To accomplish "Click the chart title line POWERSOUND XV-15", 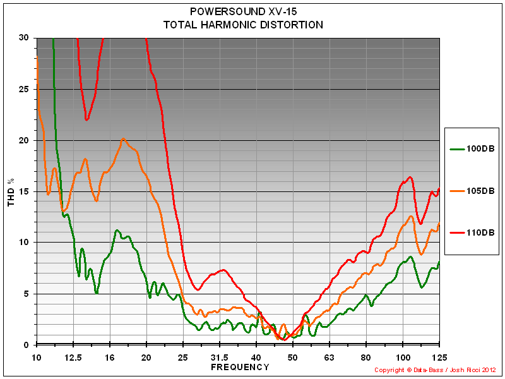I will pyautogui.click(x=243, y=12).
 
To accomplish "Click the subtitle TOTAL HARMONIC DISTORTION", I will pyautogui.click(x=243, y=25).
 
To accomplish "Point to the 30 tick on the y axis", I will pyautogui.click(x=23, y=38).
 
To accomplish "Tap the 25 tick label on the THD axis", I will pyautogui.click(x=23, y=89).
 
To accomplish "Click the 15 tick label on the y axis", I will pyautogui.click(x=23, y=191).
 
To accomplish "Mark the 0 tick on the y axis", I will pyautogui.click(x=26, y=345).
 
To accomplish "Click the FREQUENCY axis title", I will pyautogui.click(x=240, y=367).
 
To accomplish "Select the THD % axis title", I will pyautogui.click(x=11, y=191).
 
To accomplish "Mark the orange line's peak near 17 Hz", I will pyautogui.click(x=123, y=138).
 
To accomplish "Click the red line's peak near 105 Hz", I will pyautogui.click(x=410, y=177).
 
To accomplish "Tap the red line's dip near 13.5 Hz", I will pyautogui.click(x=86, y=119).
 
